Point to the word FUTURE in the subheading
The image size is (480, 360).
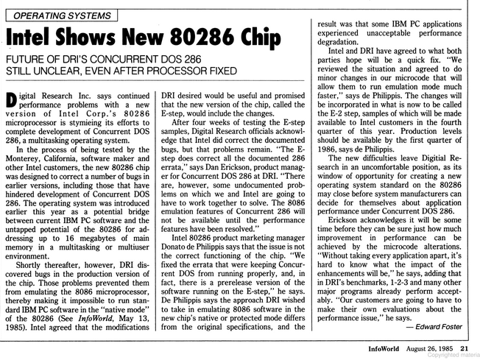coord(30,60)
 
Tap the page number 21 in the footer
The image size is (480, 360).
coord(465,347)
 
